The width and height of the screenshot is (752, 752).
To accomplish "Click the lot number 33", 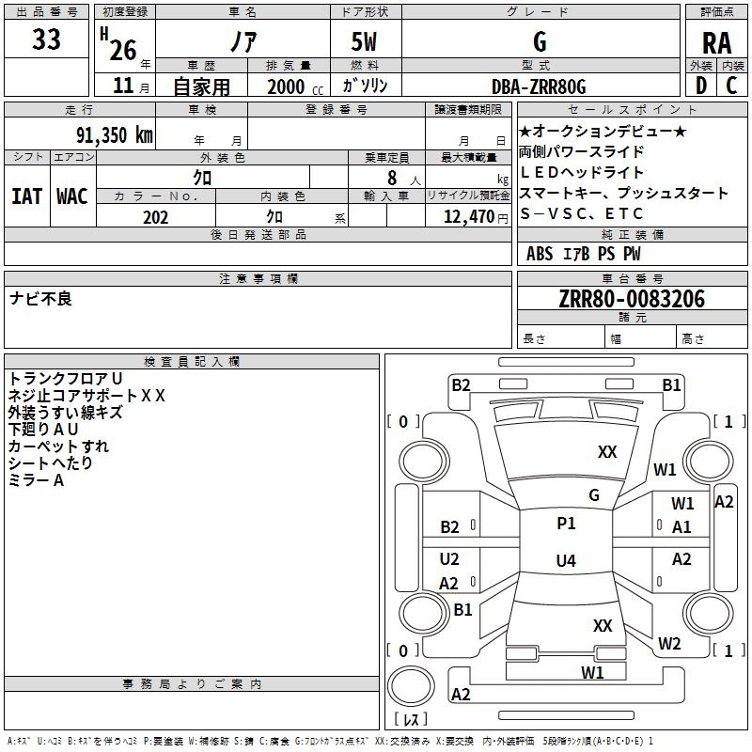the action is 46,39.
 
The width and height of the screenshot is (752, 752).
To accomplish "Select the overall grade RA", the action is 716,43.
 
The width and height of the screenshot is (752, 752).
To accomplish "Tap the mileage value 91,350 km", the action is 115,135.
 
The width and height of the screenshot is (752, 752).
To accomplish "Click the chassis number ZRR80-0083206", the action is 632,299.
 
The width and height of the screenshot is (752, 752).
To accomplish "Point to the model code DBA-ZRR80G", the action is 539,86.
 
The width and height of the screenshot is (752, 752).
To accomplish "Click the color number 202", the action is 155,217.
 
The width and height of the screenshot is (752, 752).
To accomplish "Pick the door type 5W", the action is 364,41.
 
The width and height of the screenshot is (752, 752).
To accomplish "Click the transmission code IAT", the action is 27,196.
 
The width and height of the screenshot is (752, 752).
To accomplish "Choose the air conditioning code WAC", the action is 72,196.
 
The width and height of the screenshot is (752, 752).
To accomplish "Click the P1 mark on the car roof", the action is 566,524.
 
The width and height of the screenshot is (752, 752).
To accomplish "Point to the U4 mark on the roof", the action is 566,560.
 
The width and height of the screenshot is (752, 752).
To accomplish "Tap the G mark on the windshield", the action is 594,494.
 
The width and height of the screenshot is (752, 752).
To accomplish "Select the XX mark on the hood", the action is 607,452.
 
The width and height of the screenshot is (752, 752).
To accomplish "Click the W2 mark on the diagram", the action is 669,643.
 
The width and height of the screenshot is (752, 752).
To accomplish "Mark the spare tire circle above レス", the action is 411,686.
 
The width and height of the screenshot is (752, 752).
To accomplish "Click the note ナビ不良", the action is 40,299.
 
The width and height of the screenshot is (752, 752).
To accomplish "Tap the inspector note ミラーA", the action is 36,480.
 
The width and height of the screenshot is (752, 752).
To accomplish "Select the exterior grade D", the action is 701,86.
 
